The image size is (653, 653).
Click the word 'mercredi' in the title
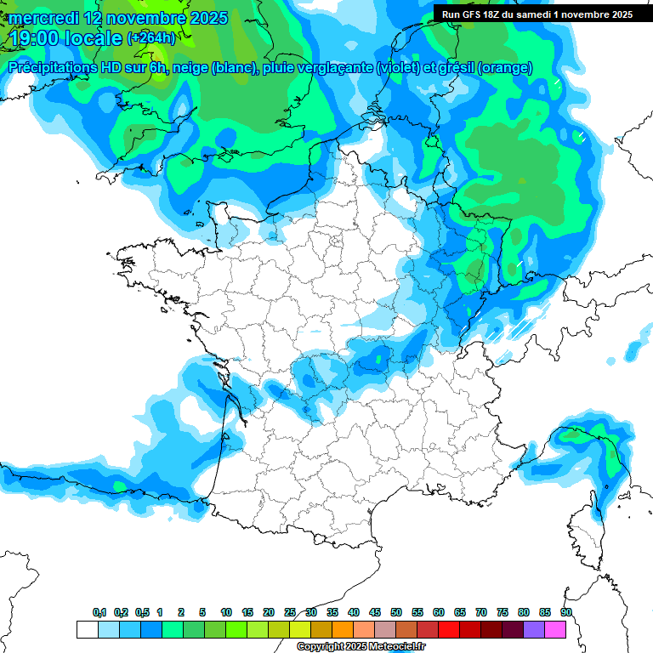(x=44, y=18)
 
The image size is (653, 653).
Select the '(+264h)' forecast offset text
(x=151, y=38)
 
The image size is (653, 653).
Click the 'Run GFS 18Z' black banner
(x=537, y=14)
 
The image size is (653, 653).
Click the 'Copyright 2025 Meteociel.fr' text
(x=361, y=647)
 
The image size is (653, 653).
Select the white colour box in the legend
(x=87, y=630)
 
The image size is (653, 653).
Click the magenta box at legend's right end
(x=555, y=630)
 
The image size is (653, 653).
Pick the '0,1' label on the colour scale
(x=99, y=613)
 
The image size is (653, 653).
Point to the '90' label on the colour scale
(x=566, y=613)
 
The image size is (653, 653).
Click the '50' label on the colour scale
(x=396, y=613)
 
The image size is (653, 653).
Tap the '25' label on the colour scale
(x=290, y=613)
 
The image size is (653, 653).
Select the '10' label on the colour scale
(x=226, y=613)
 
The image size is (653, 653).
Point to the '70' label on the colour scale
(x=481, y=613)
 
